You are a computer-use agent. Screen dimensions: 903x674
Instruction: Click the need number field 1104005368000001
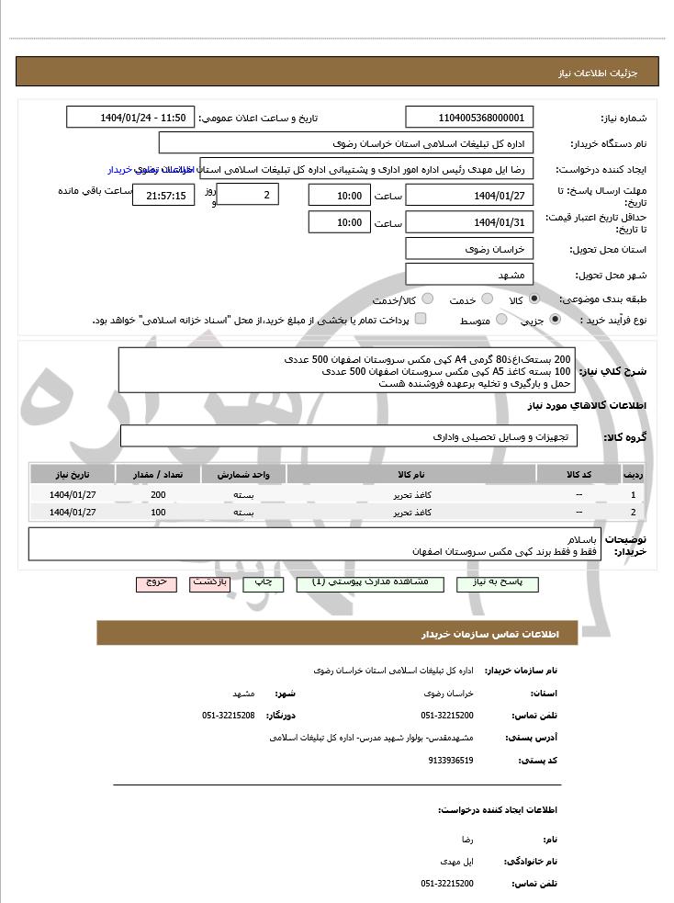point(469,118)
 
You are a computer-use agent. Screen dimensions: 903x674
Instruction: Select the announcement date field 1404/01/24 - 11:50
point(130,118)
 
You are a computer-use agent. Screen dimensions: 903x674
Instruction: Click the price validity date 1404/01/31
point(469,222)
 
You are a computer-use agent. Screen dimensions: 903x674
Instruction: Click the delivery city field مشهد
point(469,275)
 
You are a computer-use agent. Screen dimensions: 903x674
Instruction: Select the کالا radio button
point(534,299)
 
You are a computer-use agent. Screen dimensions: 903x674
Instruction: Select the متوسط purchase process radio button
point(502,320)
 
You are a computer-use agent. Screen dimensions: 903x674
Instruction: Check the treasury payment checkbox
point(421,319)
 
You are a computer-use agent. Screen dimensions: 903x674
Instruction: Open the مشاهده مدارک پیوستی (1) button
point(369,582)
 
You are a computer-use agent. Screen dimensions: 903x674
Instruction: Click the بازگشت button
point(209,582)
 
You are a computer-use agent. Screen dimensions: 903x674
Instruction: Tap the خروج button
point(155,582)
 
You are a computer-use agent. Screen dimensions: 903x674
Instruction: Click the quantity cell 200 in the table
point(158,494)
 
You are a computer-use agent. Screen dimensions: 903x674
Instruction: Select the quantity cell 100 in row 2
point(158,512)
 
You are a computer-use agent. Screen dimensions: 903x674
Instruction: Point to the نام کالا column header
point(411,474)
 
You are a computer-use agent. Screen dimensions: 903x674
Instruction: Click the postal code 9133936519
point(451,760)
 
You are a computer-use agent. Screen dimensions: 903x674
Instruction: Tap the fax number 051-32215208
point(229,715)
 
